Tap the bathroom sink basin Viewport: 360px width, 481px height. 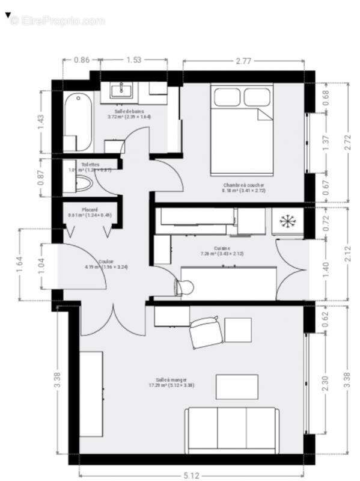(124, 91)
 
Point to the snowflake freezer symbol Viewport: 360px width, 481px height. (287, 221)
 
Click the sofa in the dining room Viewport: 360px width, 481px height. (231, 429)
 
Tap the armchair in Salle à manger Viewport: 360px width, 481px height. (205, 333)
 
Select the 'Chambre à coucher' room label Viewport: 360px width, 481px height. (243, 185)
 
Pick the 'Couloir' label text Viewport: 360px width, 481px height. (106, 262)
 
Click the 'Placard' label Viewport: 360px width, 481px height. (74, 209)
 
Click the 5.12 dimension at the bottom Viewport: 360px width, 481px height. (191, 476)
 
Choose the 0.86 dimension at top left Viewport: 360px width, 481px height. (82, 60)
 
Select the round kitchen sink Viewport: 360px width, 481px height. (185, 288)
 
